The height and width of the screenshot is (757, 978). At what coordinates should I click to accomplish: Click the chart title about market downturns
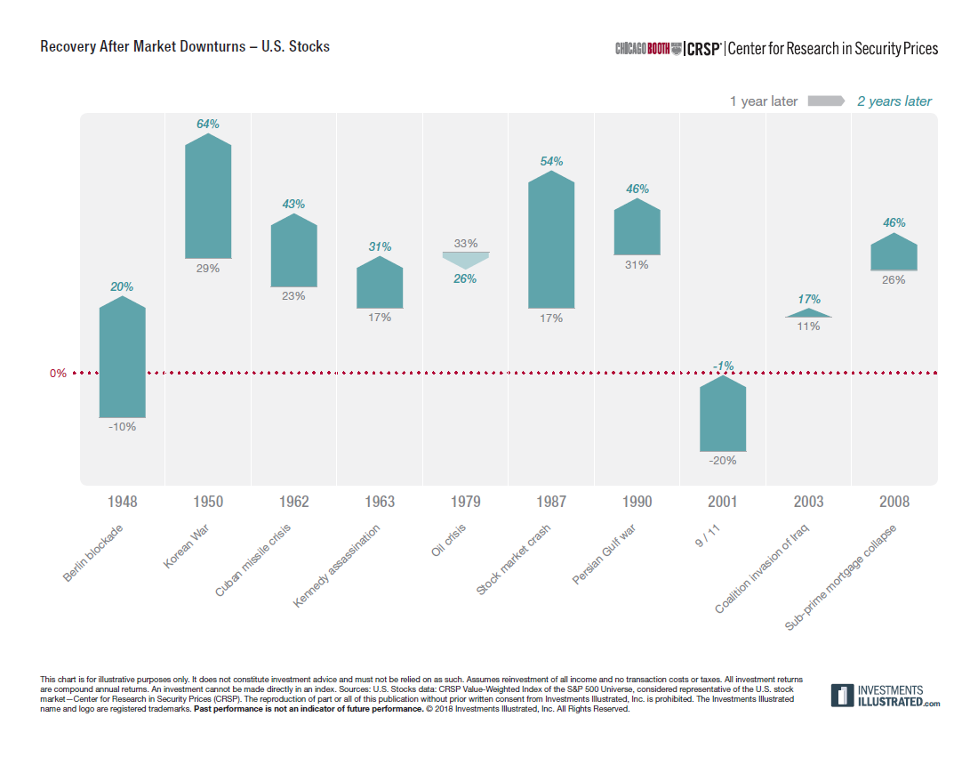pos(185,46)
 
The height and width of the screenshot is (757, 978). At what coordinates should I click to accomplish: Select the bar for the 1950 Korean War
pos(208,200)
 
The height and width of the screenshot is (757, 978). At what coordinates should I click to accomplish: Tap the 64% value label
pos(208,124)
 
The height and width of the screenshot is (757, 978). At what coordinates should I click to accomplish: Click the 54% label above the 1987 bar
pos(551,161)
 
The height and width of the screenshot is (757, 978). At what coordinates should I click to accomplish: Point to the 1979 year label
pos(465,503)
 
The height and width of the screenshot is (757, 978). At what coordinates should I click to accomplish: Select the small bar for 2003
pos(808,313)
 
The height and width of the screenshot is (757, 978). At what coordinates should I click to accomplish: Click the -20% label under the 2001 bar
pos(722,461)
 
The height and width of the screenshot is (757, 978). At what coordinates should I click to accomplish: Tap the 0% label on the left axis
pos(58,374)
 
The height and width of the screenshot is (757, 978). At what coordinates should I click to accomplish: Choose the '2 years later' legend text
pos(894,101)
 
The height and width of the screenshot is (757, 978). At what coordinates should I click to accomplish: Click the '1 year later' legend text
pos(764,101)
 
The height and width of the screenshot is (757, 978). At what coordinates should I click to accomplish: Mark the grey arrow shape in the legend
pos(826,101)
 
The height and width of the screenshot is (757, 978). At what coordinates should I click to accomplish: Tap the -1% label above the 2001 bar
pos(722,366)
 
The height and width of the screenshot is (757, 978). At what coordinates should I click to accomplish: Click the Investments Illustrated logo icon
pos(842,696)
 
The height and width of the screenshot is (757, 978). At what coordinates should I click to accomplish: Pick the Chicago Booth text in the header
pos(647,49)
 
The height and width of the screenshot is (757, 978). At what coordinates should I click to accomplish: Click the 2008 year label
pos(894,503)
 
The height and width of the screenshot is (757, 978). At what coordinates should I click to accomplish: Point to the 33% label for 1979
pos(465,243)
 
